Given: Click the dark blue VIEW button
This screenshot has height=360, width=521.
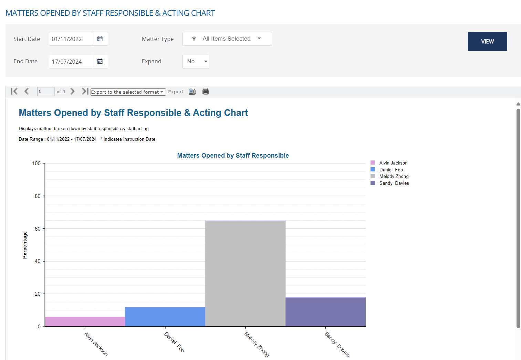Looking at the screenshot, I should pyautogui.click(x=487, y=41).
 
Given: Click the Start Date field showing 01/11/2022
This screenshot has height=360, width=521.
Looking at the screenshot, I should pyautogui.click(x=70, y=39).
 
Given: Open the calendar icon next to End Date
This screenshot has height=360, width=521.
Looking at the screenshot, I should pyautogui.click(x=100, y=62).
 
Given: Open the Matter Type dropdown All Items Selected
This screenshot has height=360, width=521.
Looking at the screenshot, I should pyautogui.click(x=227, y=39).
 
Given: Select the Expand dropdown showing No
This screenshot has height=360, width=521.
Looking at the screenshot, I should pyautogui.click(x=196, y=62).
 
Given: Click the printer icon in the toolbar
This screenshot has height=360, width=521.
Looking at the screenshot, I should pyautogui.click(x=206, y=91).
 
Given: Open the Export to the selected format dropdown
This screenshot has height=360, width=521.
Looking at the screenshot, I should pyautogui.click(x=128, y=92).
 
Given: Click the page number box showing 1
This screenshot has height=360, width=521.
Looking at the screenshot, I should pyautogui.click(x=45, y=92).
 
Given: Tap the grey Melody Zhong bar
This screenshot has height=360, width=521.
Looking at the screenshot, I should pyautogui.click(x=245, y=273).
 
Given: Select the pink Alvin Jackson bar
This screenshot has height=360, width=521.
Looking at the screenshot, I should pyautogui.click(x=85, y=321).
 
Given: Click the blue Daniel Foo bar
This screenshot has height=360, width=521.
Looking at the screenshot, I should pyautogui.click(x=165, y=317).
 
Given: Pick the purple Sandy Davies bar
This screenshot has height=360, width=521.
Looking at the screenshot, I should pyautogui.click(x=325, y=312).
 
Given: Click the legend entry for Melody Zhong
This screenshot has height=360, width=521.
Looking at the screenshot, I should pyautogui.click(x=394, y=177).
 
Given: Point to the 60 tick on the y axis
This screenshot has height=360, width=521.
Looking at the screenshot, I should pyautogui.click(x=38, y=229).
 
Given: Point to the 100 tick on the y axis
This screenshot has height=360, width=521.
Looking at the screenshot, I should pyautogui.click(x=36, y=163).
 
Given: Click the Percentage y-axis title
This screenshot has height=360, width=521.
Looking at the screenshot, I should pyautogui.click(x=24, y=245).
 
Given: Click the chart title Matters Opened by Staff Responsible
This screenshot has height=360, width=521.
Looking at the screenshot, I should pyautogui.click(x=233, y=156).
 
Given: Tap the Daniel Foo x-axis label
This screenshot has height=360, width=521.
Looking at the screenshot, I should pyautogui.click(x=174, y=342).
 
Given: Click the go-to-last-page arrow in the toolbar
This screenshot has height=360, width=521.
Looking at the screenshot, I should pyautogui.click(x=85, y=91).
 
